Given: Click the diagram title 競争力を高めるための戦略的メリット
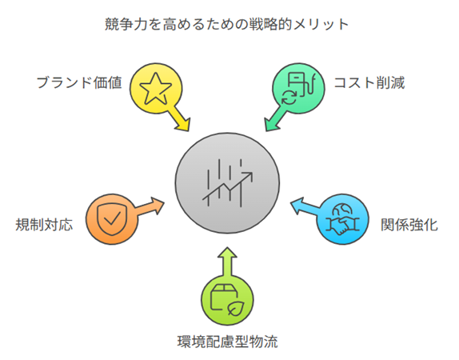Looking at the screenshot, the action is coord(226,24).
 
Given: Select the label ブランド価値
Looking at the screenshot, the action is coord(79,82).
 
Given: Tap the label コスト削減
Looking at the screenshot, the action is coord(369,82).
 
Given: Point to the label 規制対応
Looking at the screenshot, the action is coord(44,225).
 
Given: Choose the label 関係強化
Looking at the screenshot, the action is coord(409,225).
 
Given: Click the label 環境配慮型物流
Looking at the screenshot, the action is coord(227,342).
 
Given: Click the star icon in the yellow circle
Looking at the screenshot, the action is coord(155,89).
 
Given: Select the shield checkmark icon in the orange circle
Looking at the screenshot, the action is coord(112,219).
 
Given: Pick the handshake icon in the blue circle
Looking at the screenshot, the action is coord(343,226).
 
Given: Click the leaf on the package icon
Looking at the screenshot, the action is coord(236,308).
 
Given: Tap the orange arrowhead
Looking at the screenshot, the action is coord(158,205).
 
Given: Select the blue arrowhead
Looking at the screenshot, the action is coord(297,205).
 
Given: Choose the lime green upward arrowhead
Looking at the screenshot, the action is coord(227,253).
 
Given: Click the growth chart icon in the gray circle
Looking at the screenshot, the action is coord(227,183).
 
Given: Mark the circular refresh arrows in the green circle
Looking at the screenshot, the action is coord(289,98).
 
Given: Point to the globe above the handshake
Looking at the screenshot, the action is coord(342,210).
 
